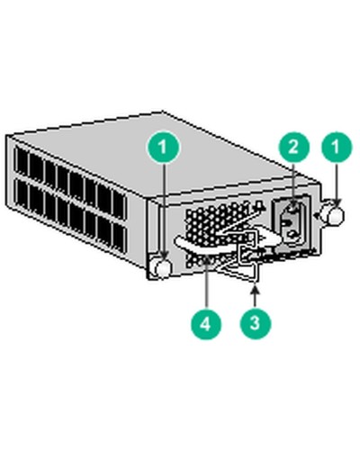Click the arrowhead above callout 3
tap(258, 288)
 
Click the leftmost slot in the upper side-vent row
tap(22, 163)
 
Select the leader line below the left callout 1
tap(163, 207)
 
